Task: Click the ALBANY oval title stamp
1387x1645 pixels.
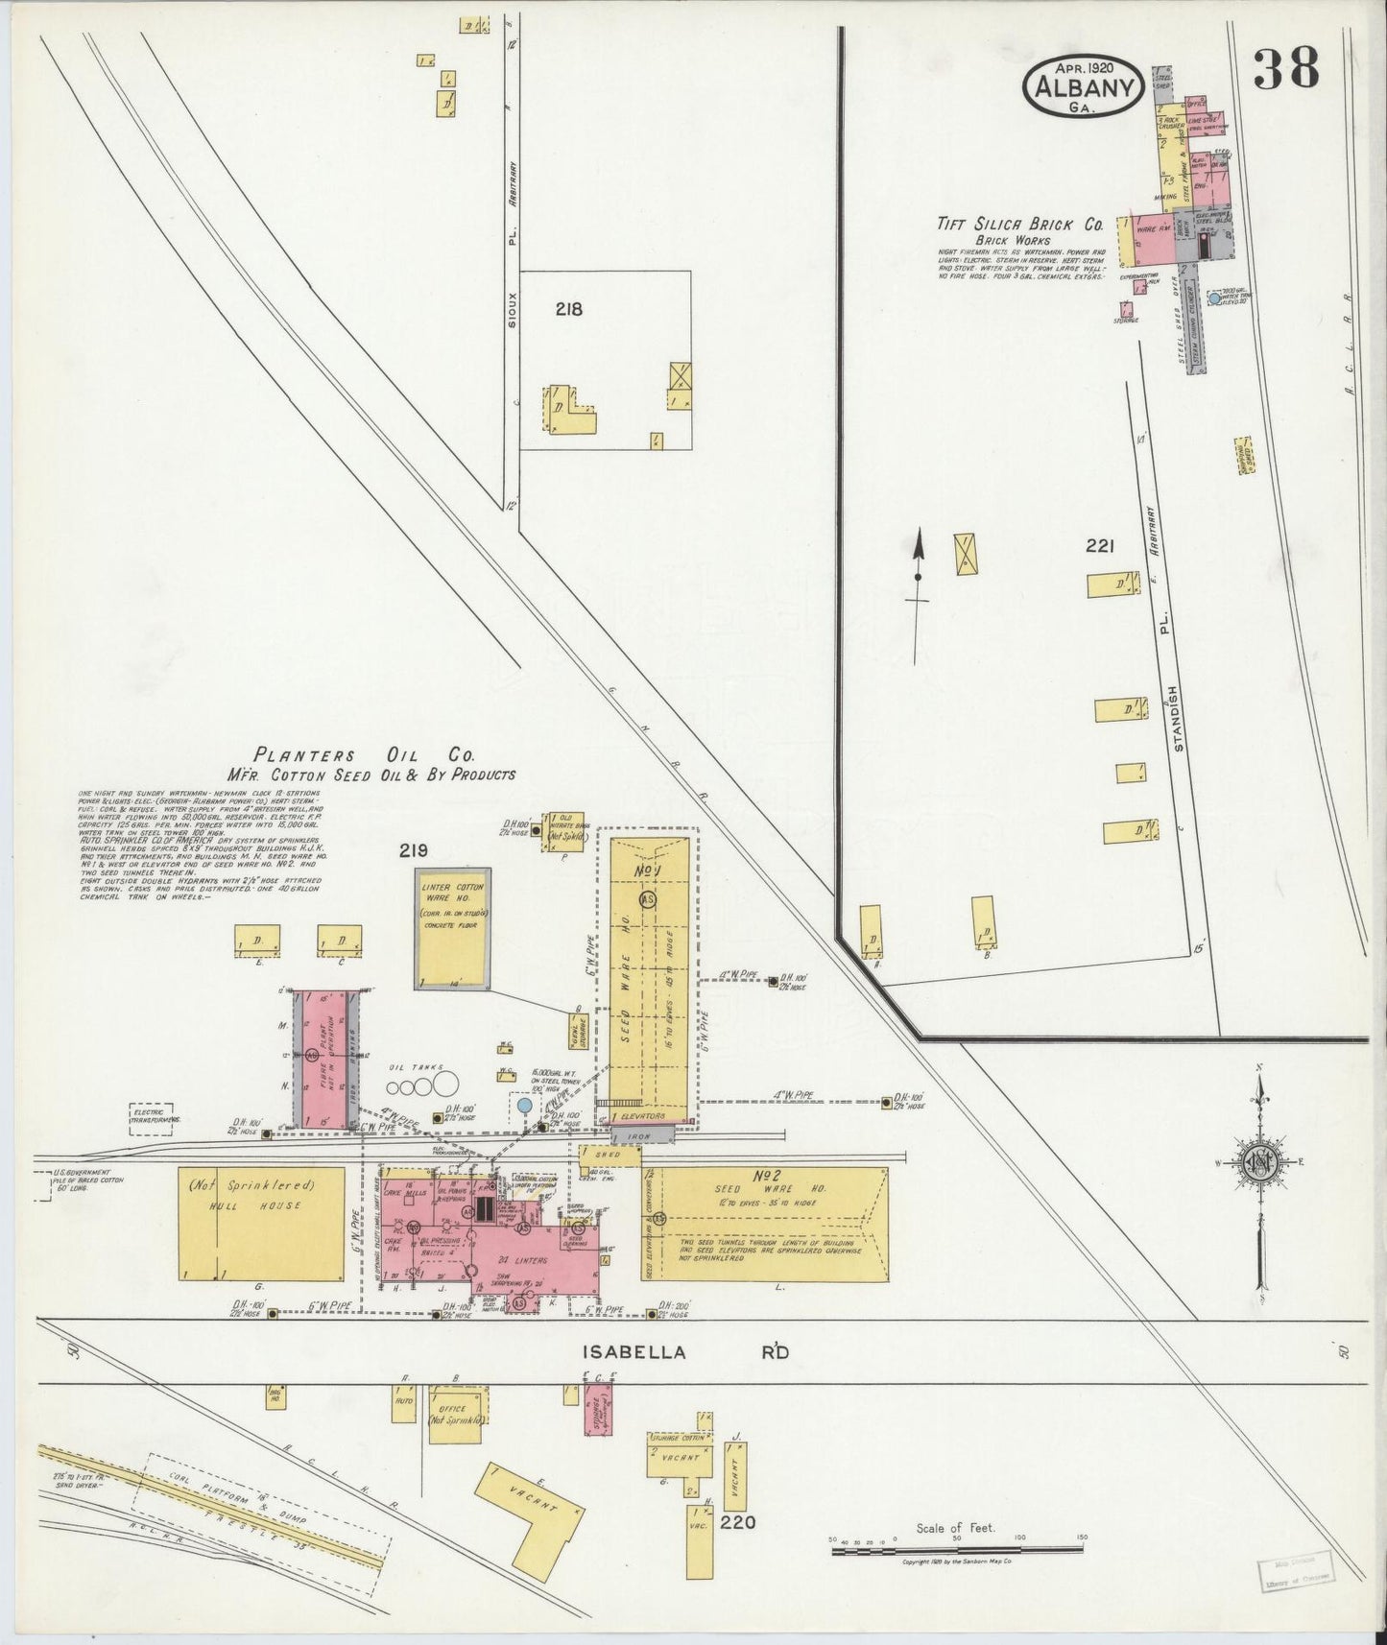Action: pyautogui.click(x=1084, y=87)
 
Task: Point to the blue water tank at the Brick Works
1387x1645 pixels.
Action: pyautogui.click(x=1214, y=299)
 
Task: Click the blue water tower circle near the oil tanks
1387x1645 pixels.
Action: pyautogui.click(x=524, y=1106)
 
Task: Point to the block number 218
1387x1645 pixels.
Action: pyautogui.click(x=568, y=309)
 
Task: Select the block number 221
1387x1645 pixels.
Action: pyautogui.click(x=1099, y=546)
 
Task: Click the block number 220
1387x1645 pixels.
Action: pyautogui.click(x=745, y=1522)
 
